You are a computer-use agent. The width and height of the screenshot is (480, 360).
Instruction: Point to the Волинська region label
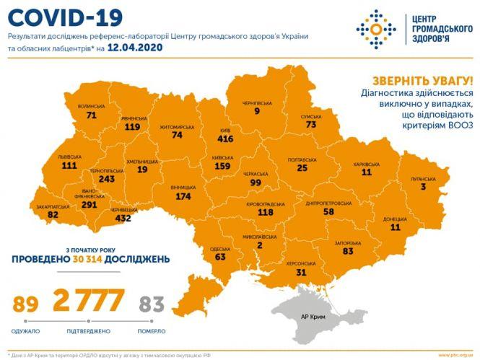91,105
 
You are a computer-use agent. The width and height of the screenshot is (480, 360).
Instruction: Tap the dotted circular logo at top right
375,30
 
